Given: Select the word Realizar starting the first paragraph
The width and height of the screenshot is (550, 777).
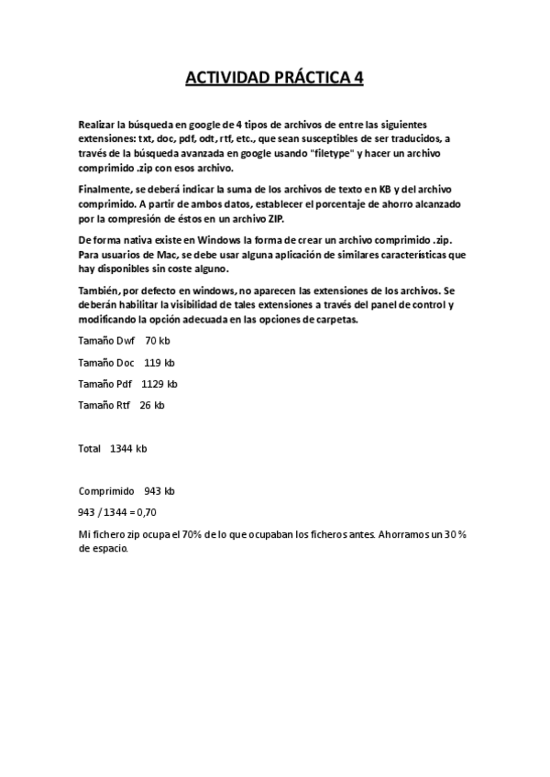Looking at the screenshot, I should coord(99,124).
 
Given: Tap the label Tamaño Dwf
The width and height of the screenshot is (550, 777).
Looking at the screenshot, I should coord(106,340).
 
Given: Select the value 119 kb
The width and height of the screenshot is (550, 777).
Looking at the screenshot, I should coord(159,362).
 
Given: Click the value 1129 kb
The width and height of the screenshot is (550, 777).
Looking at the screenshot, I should coord(159,384).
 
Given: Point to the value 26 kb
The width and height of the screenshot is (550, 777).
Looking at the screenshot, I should coord(152,405).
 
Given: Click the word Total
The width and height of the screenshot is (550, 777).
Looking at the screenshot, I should coord(90,449).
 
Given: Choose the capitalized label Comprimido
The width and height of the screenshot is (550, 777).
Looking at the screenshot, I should coord(106,491).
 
